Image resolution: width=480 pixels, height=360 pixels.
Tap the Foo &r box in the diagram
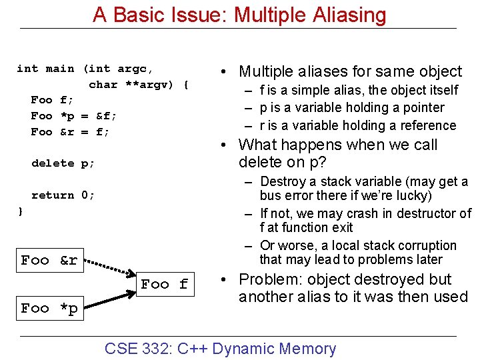(50, 261)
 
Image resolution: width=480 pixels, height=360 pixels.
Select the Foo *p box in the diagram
(50, 308)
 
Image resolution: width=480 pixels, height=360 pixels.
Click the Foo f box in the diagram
(165, 284)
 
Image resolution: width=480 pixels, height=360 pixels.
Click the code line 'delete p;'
(63, 163)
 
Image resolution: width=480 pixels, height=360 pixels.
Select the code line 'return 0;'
(63, 195)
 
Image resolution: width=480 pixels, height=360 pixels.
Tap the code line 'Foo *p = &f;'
(73, 116)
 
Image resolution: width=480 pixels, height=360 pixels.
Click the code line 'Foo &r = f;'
(70, 132)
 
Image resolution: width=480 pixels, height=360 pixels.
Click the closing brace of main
(20, 211)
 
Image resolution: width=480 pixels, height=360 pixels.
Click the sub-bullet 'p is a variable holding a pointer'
(352, 107)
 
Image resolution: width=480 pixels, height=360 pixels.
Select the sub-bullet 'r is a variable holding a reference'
(358, 125)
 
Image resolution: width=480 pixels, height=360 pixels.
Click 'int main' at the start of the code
(45, 69)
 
